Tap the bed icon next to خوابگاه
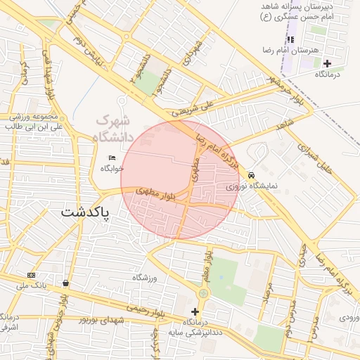112,157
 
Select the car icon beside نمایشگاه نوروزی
251,175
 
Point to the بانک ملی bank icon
31,274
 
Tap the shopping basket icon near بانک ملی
65,283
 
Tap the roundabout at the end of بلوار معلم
203,292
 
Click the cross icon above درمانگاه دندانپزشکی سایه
195,311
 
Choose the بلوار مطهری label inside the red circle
157,191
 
